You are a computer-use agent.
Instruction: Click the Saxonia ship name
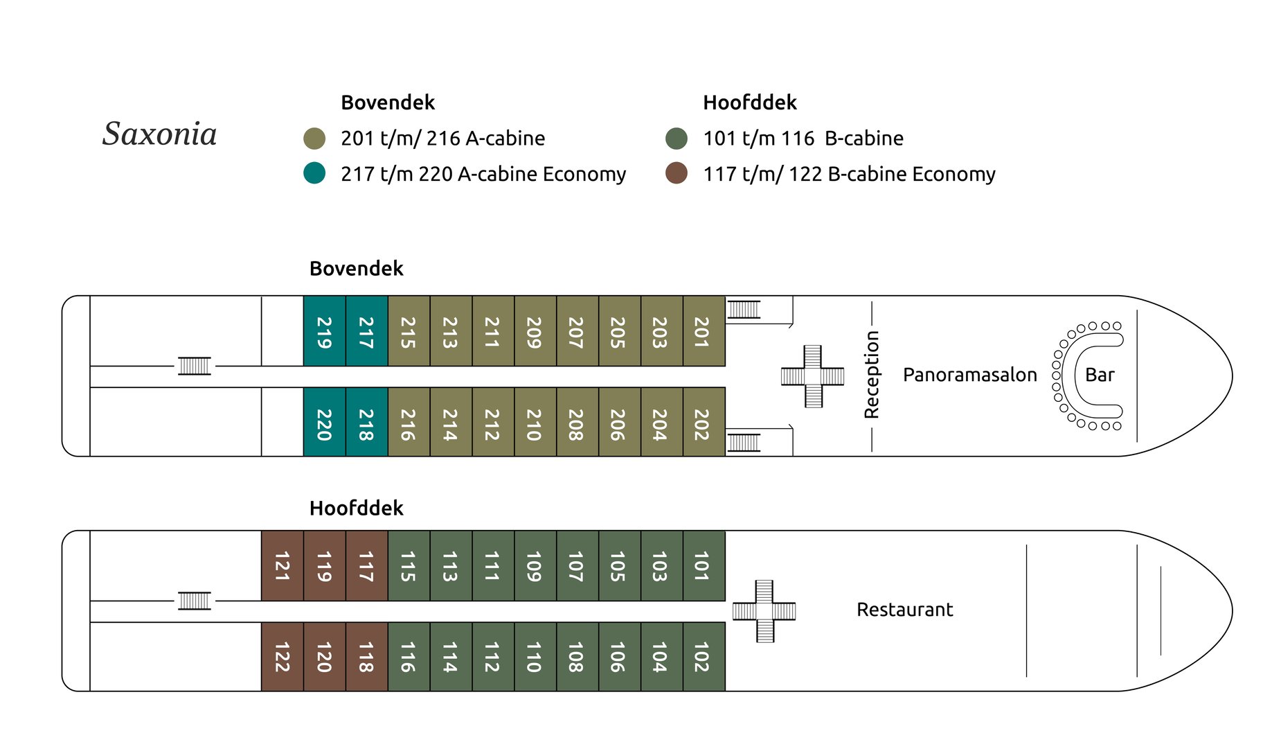click(160, 134)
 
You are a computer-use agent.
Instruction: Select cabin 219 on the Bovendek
click(324, 331)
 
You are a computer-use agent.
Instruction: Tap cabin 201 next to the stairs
click(704, 331)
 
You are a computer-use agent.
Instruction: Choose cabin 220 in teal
click(324, 423)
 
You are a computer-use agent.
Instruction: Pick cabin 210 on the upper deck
click(535, 423)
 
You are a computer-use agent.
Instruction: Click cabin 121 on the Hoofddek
click(282, 566)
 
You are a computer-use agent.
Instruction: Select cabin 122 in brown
click(282, 657)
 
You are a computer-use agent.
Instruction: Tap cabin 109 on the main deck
click(535, 566)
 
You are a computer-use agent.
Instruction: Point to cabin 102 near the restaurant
click(704, 657)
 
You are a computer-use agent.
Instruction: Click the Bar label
click(1100, 375)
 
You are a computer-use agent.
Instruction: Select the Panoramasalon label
click(969, 375)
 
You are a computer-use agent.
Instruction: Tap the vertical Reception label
click(872, 375)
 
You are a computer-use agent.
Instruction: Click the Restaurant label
click(904, 610)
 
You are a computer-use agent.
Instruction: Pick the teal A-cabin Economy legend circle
click(314, 173)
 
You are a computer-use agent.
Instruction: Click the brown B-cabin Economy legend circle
click(677, 173)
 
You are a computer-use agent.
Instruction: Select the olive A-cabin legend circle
click(314, 138)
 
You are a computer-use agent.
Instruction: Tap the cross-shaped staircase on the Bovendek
click(812, 376)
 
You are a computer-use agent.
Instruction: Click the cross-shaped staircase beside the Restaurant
click(764, 611)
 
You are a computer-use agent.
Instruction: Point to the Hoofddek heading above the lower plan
click(356, 508)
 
